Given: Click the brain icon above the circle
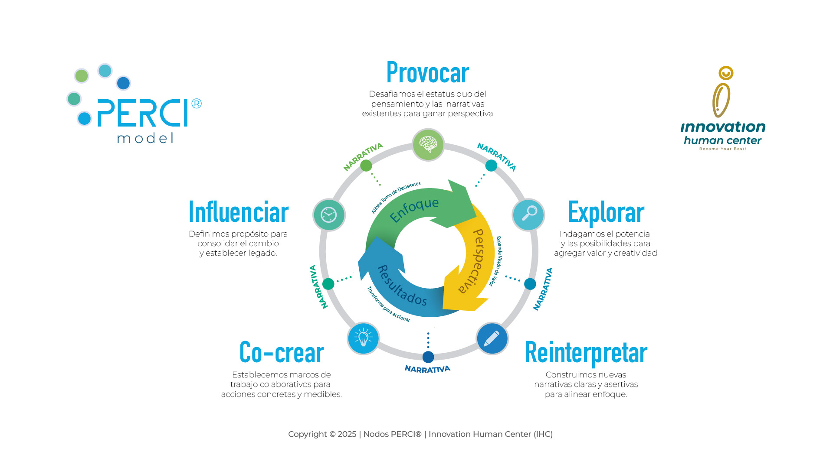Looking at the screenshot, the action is pyautogui.click(x=428, y=145).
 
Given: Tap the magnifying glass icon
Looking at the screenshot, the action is pyautogui.click(x=528, y=214).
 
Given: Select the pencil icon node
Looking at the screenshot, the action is pyautogui.click(x=492, y=338).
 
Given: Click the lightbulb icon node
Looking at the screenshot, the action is pyautogui.click(x=363, y=338).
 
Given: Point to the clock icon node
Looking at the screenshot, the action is pyautogui.click(x=329, y=214).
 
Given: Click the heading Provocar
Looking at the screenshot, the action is pyautogui.click(x=427, y=72).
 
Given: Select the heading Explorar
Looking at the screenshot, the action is pyautogui.click(x=606, y=212).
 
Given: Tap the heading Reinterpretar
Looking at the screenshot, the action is pyautogui.click(x=586, y=353).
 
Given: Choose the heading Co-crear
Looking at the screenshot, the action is pyautogui.click(x=282, y=352).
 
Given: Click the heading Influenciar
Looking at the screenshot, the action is pyautogui.click(x=239, y=212).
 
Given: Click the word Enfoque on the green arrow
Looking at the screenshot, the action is pyautogui.click(x=414, y=210).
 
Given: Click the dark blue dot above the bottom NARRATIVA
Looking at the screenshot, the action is pyautogui.click(x=428, y=357).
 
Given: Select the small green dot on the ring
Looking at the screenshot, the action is pyautogui.click(x=366, y=166).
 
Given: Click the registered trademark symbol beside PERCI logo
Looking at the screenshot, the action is pyautogui.click(x=197, y=104).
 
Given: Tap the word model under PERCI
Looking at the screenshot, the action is pyautogui.click(x=145, y=138).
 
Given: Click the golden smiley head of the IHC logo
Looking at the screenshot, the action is pyautogui.click(x=726, y=73).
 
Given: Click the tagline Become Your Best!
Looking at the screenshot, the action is pyautogui.click(x=722, y=149).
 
